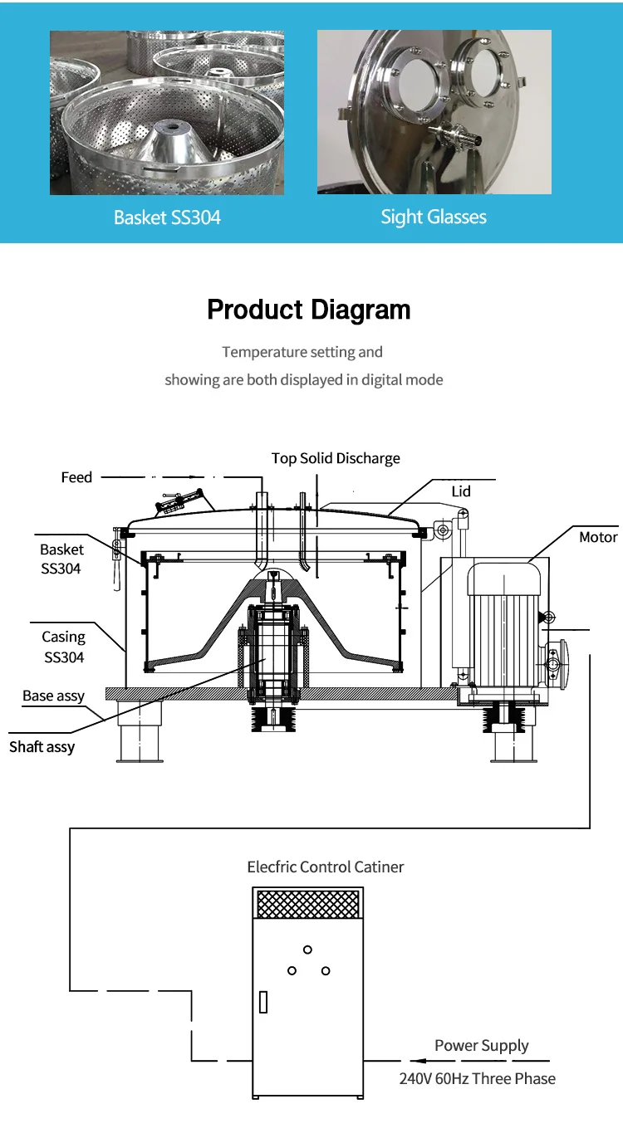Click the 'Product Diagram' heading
(x=309, y=310)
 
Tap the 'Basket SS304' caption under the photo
(x=167, y=218)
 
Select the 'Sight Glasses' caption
(x=434, y=217)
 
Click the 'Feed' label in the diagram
(x=76, y=477)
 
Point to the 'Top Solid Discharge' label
(x=336, y=458)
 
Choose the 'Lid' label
(x=461, y=491)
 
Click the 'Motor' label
(x=598, y=538)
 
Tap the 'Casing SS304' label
(x=63, y=647)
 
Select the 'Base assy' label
(x=53, y=696)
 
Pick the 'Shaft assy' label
(x=42, y=747)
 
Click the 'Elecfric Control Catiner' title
(x=326, y=867)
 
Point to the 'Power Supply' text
(x=482, y=1046)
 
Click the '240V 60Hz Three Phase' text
(x=478, y=1079)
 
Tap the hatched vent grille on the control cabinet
(x=308, y=904)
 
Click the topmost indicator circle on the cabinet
(x=307, y=950)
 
